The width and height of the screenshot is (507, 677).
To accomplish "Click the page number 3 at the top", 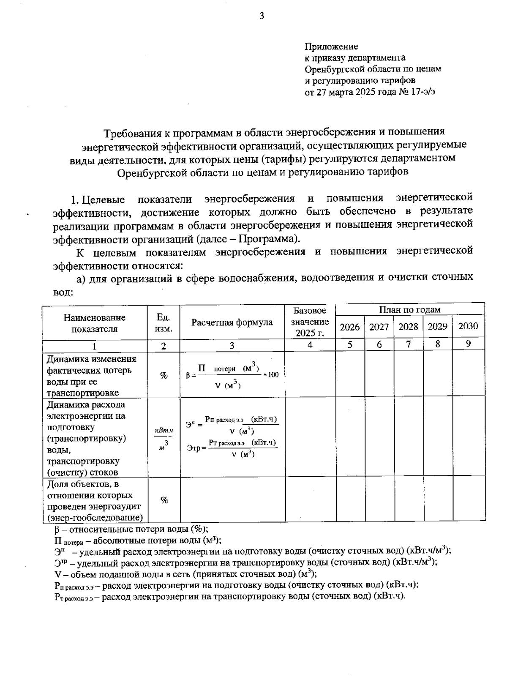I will [261, 16].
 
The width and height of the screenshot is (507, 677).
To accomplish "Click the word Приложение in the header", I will [331, 46].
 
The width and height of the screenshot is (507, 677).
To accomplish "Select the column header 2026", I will [350, 327].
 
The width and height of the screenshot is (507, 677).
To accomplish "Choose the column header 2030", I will [468, 326].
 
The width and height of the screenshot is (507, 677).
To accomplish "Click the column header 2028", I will [408, 327].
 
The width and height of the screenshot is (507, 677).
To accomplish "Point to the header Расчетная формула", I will [232, 322].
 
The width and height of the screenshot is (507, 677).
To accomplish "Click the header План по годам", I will [409, 310].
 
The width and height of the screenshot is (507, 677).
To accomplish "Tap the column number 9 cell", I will [468, 344].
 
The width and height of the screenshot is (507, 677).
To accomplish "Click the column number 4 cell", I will [310, 345].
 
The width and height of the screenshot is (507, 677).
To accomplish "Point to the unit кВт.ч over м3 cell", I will [164, 438].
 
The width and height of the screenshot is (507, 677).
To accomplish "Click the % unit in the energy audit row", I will [164, 500].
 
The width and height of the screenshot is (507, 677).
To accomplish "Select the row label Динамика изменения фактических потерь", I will [92, 376].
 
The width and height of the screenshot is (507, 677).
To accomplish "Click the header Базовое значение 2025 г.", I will [310, 322].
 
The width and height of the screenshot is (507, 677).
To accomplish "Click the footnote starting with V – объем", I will [186, 574].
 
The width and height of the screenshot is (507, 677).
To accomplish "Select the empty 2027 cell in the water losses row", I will [379, 374].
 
